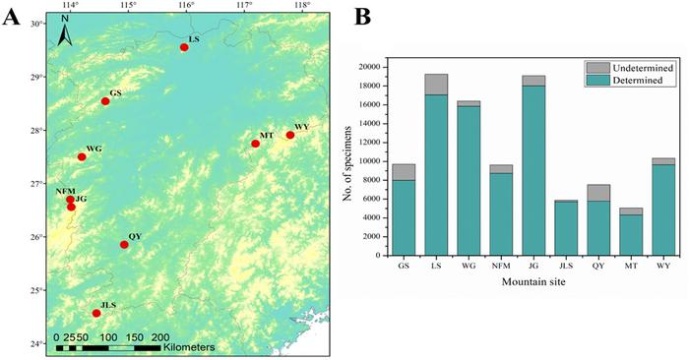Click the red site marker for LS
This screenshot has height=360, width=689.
184,47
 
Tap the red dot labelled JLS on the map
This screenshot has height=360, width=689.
96,313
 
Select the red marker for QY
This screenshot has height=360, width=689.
124,245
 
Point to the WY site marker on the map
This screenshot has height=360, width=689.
290,135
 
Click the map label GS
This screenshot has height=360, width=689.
115,93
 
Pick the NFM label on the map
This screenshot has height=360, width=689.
66,192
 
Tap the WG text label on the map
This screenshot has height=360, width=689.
94,149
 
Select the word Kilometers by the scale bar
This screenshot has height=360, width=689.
189,348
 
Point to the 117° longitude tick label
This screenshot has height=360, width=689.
245,6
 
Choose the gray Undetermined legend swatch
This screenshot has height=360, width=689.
597,68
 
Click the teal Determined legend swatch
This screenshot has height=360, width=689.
597,80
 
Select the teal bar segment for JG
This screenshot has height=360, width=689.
533,170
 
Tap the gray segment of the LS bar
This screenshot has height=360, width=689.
436,85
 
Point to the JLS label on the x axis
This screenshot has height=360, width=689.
566,266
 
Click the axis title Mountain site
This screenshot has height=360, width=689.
533,281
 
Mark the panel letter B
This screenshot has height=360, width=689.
362,17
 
